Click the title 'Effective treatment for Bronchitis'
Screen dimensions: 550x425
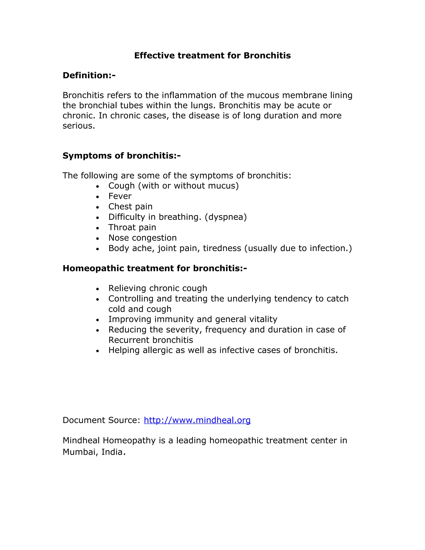212,55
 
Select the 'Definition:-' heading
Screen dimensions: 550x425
89,75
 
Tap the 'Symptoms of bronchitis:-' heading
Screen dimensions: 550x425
122,156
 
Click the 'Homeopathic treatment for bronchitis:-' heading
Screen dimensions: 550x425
155,268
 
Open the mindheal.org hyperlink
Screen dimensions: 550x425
197,420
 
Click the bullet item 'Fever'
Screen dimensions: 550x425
120,196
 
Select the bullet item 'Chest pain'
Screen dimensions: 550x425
130,207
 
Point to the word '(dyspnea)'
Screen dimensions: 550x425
226,217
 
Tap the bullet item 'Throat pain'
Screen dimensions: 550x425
132,227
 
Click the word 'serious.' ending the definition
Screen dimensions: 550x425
79,126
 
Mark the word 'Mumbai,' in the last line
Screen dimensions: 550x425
80,452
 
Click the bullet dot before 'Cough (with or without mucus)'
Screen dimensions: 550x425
98,187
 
